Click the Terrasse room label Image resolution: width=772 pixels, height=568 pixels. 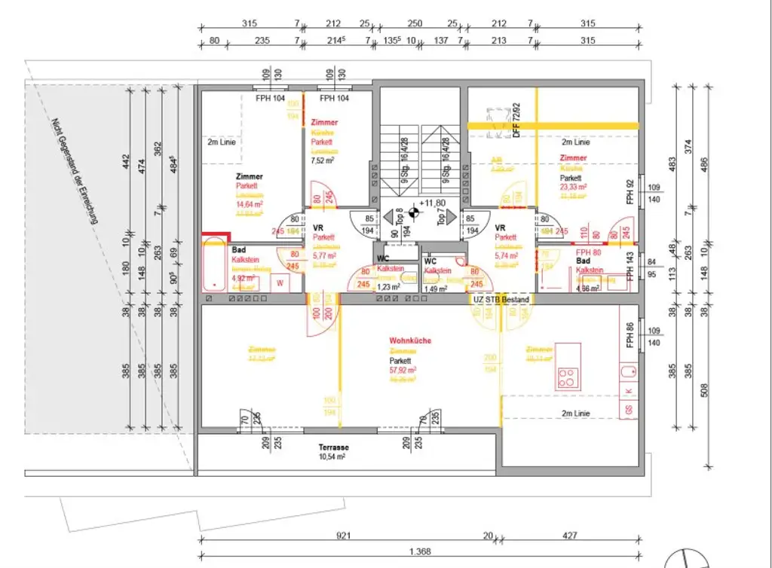[332, 447]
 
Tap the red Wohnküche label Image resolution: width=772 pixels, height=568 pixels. [410, 340]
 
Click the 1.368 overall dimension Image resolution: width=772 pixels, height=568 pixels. [421, 551]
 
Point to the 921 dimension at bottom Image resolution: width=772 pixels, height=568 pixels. [344, 536]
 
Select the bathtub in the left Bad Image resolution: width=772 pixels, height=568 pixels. [215, 265]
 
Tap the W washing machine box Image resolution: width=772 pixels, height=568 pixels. [280, 283]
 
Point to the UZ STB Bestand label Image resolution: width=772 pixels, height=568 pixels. [501, 300]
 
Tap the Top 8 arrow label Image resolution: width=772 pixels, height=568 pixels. [400, 217]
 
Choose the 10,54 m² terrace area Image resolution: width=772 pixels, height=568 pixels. [332, 457]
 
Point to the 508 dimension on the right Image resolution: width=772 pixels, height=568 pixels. [704, 390]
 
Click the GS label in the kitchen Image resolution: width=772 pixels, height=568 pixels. [628, 410]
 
